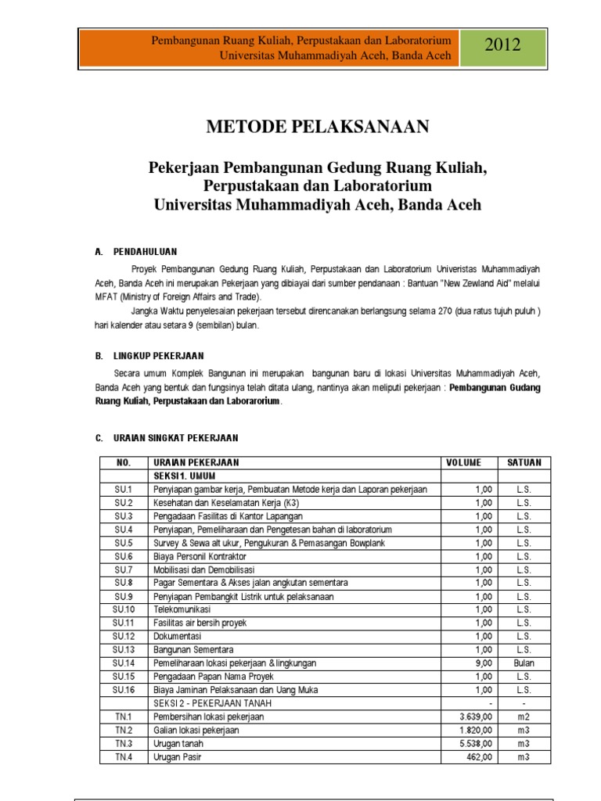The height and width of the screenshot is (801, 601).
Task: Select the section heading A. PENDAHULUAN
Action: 135,251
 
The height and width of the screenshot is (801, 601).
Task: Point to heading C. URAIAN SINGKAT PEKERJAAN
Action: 166,437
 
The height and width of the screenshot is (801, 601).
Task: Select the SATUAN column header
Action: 524,462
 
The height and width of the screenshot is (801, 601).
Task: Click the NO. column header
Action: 124,462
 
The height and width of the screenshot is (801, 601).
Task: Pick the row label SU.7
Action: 124,569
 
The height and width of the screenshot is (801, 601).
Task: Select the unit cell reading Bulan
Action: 524,663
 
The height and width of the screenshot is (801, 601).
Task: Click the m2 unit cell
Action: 524,717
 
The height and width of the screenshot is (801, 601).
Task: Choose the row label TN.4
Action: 124,757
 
